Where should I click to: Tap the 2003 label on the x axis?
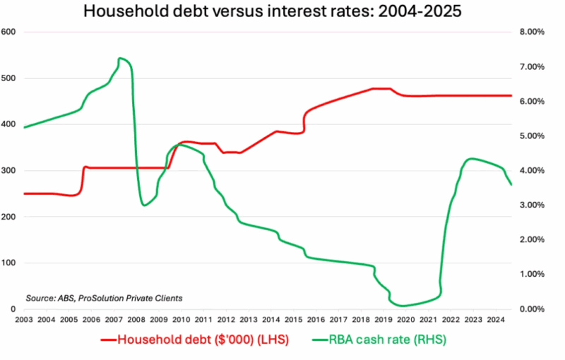[x=24, y=320]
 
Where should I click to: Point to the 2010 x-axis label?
[x=181, y=320]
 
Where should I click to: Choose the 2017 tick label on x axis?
[x=338, y=320]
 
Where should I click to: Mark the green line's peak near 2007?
[x=120, y=58]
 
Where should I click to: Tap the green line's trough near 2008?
[x=144, y=205]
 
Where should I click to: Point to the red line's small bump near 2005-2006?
[x=85, y=167]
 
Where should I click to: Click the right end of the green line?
[x=511, y=184]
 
